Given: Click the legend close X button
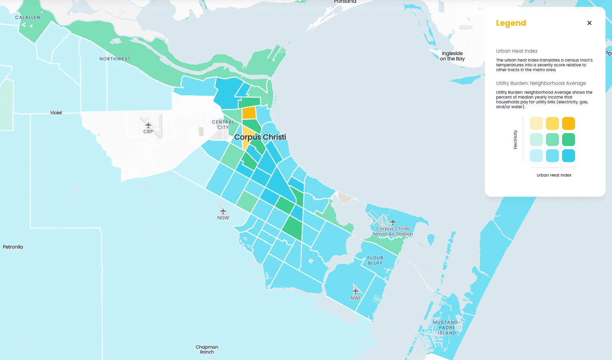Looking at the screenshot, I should point(589,23).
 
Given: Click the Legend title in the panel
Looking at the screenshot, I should point(511,23).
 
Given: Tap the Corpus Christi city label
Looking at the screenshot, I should point(260,137).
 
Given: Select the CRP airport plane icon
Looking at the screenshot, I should point(148,125).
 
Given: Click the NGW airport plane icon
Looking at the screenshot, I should point(223,212).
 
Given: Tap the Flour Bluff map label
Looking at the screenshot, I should point(375,260).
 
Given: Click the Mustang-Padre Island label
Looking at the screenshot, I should point(447,327).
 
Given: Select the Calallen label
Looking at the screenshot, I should point(28,18).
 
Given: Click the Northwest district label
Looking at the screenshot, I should point(115,59).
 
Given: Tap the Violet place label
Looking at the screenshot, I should point(56,113).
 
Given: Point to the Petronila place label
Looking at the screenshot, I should point(13,247).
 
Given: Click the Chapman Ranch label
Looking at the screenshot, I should point(207,349).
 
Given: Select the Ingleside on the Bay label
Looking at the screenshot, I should point(452,56).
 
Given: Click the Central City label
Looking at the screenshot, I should point(223,125).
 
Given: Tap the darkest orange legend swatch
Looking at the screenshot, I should point(568,123).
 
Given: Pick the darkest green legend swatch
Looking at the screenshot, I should point(568,140).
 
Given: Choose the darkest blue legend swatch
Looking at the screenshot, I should point(568,156).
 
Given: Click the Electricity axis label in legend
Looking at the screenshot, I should point(515,140).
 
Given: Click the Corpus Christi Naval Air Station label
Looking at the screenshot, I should point(393,231).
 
